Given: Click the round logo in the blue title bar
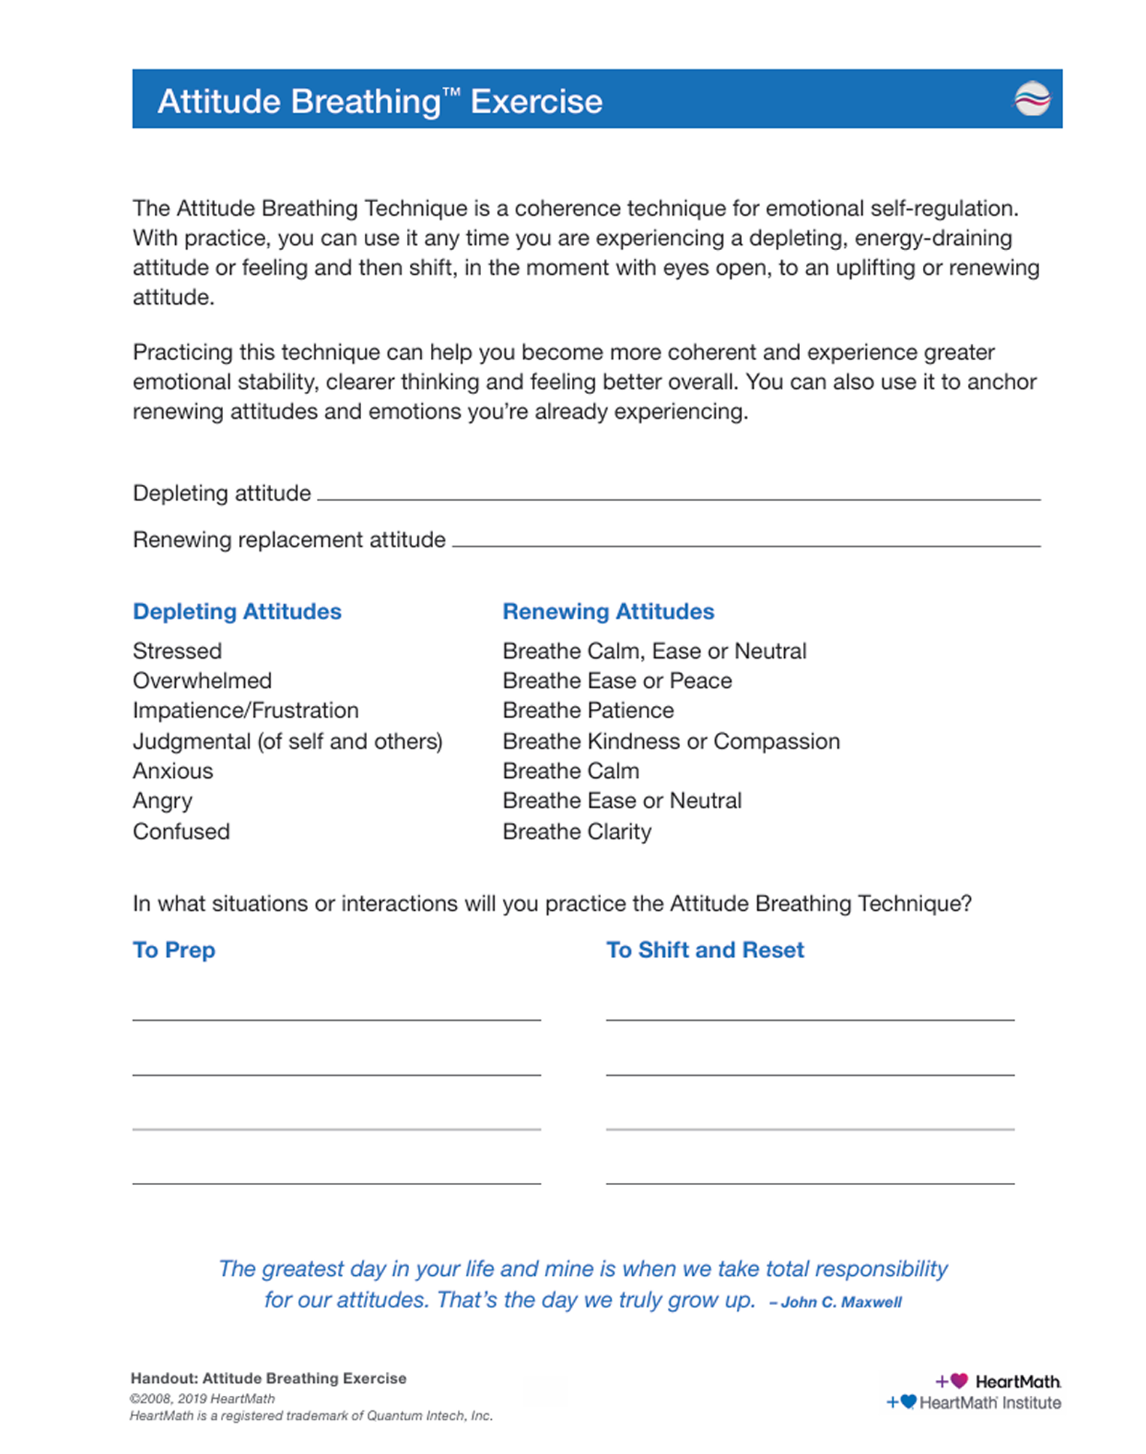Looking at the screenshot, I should click(x=1032, y=99).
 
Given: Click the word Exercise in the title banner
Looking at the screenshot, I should click(x=536, y=102).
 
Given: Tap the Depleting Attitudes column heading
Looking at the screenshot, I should click(x=237, y=611).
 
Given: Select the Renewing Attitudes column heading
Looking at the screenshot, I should click(x=608, y=611).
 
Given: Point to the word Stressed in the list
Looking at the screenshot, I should click(x=177, y=651).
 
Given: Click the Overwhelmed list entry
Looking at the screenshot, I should click(x=202, y=680).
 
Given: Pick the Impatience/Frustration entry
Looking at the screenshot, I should click(x=246, y=710).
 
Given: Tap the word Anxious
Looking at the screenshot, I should click(x=173, y=771).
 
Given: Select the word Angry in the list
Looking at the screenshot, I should click(x=162, y=800).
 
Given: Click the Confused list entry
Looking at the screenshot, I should click(x=181, y=831).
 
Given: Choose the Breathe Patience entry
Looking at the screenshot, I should click(x=588, y=710).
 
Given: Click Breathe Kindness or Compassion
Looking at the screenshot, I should click(x=671, y=741).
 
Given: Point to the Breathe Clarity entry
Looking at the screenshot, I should click(x=577, y=831).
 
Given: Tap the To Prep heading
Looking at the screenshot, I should click(x=174, y=949).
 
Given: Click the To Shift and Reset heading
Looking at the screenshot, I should click(x=705, y=949).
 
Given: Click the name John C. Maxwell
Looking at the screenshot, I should click(x=841, y=1302).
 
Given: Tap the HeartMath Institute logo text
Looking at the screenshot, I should click(x=989, y=1402).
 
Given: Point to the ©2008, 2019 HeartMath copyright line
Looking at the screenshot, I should click(x=202, y=1398).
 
